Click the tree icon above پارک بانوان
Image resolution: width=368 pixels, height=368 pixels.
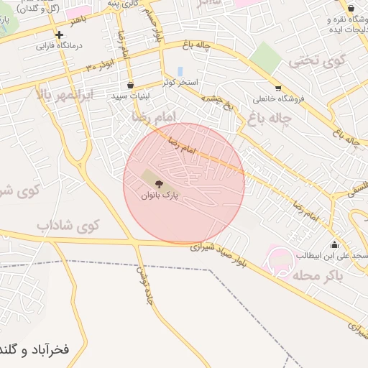click(x=158, y=185)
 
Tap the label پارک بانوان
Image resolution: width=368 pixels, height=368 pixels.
click(x=158, y=195)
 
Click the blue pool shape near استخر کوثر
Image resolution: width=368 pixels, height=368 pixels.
click(x=180, y=71)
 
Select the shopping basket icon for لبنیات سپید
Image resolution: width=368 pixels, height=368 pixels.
click(x=129, y=84)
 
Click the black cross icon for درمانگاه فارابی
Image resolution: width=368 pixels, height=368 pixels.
click(x=59, y=34)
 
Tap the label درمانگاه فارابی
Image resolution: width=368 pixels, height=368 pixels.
click(x=60, y=45)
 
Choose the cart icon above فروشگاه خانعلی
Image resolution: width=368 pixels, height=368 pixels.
click(x=278, y=88)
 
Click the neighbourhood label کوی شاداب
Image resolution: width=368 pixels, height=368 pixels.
click(x=68, y=226)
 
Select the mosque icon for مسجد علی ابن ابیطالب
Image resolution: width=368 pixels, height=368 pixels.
click(x=334, y=244)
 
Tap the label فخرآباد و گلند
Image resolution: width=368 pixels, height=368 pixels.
click(x=34, y=350)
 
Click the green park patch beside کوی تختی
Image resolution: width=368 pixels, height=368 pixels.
click(x=265, y=57)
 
